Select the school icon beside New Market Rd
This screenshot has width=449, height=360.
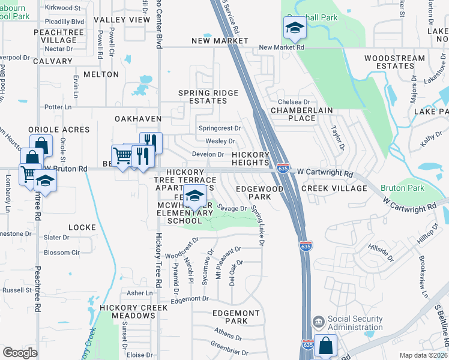(295, 27)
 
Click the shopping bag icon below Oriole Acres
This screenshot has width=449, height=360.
(40, 145)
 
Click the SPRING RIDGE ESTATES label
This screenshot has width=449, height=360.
(209, 97)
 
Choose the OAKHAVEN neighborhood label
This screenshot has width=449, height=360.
(138, 119)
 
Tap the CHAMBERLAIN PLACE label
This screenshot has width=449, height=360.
(301, 114)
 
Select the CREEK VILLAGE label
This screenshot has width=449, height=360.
(334, 188)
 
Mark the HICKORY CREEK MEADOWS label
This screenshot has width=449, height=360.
(128, 311)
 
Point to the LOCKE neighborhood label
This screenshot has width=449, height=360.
(82, 227)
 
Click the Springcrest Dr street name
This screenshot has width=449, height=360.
(219, 128)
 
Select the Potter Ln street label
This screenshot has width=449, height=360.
(58, 107)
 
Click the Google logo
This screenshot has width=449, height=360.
(20, 353)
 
